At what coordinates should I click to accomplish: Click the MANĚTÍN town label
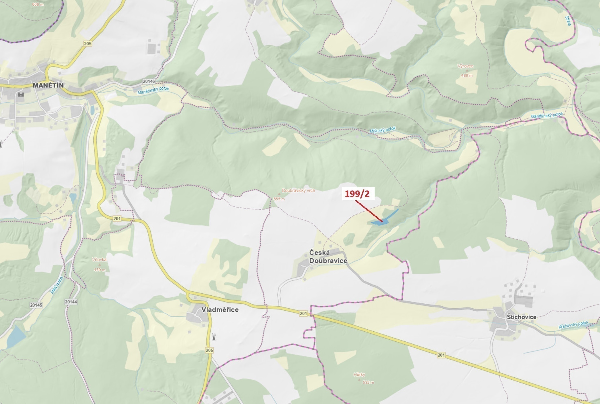pos(48,85)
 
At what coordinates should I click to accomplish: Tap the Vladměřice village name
pos(220,309)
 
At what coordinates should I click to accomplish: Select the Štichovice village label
pos(521,317)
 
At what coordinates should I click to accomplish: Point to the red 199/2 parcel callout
pos(358,194)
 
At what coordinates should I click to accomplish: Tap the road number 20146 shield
pos(149,81)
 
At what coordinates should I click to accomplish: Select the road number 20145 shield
pos(36,305)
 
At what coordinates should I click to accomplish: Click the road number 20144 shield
pos(71,302)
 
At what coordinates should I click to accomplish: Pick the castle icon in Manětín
pos(21,95)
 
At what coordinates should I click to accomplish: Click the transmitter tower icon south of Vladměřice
pos(214,337)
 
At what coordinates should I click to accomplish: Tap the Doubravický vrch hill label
pos(298,190)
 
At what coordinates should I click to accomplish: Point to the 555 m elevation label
pos(279,199)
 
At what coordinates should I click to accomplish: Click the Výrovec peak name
pos(465,66)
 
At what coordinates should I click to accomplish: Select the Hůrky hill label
pos(359,374)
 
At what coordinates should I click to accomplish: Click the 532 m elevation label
pos(368,382)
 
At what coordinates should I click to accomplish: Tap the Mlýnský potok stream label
pos(382,130)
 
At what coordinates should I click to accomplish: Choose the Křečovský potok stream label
pos(573,325)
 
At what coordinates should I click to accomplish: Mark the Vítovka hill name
pos(99,260)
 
